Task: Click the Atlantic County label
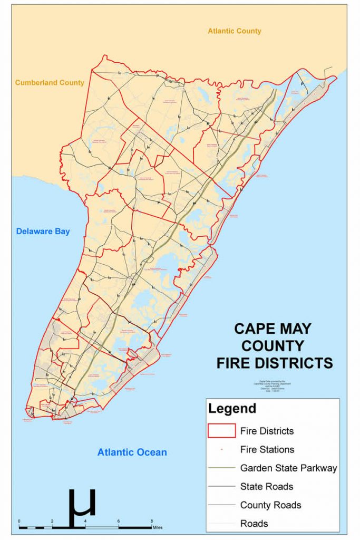click(234, 31)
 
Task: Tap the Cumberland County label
click(49, 83)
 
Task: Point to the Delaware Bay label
click(43, 232)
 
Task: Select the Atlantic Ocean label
click(132, 452)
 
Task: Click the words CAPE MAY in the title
click(273, 329)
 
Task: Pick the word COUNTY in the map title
click(273, 346)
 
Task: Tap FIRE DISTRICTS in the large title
click(274, 363)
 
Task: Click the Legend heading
click(232, 409)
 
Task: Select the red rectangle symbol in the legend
click(221, 431)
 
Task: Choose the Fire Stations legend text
click(267, 450)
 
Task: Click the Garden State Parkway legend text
click(288, 468)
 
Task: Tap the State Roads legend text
click(267, 486)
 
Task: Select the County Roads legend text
click(270, 505)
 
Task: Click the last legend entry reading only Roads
click(254, 523)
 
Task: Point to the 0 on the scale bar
click(20, 522)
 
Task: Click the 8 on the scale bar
click(152, 522)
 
